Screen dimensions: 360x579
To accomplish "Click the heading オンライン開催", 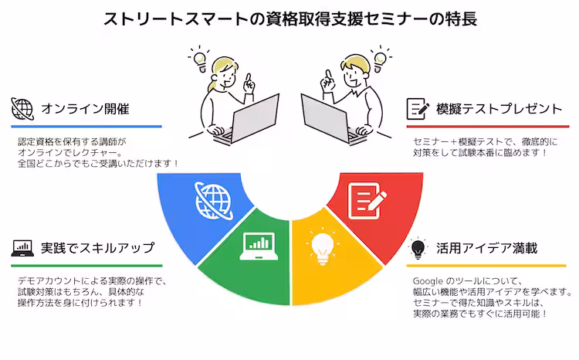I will point(85,109).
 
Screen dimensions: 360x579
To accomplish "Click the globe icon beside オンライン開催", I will point(23,108).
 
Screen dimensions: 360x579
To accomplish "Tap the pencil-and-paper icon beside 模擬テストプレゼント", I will point(418,108).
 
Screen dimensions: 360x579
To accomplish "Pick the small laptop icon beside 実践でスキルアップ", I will point(22,249).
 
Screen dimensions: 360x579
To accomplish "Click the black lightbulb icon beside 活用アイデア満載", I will point(418,248).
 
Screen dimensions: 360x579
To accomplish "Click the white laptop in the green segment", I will point(257,245).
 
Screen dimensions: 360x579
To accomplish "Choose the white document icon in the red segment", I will point(365,199).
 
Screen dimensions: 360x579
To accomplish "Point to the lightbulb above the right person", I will point(378,56).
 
